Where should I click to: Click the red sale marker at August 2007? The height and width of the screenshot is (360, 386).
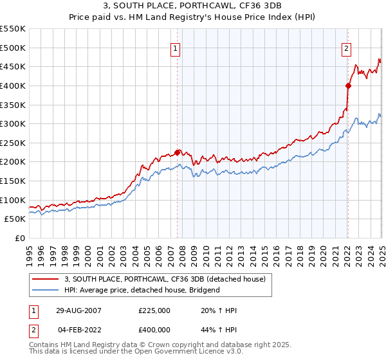pos(178,152)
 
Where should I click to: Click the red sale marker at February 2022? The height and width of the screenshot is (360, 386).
pos(347,85)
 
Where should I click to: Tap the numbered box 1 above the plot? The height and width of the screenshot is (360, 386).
pos(175,47)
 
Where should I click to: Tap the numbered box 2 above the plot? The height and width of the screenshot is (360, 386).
pos(346,47)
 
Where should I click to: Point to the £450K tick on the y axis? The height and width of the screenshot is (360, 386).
pos(13,66)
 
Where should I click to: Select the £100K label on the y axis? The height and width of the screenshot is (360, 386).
pos(13,200)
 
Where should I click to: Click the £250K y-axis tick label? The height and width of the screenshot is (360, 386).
pos(13,143)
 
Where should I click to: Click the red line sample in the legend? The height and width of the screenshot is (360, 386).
pos(46,278)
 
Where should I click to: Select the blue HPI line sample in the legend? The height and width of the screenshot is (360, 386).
pos(46,290)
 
